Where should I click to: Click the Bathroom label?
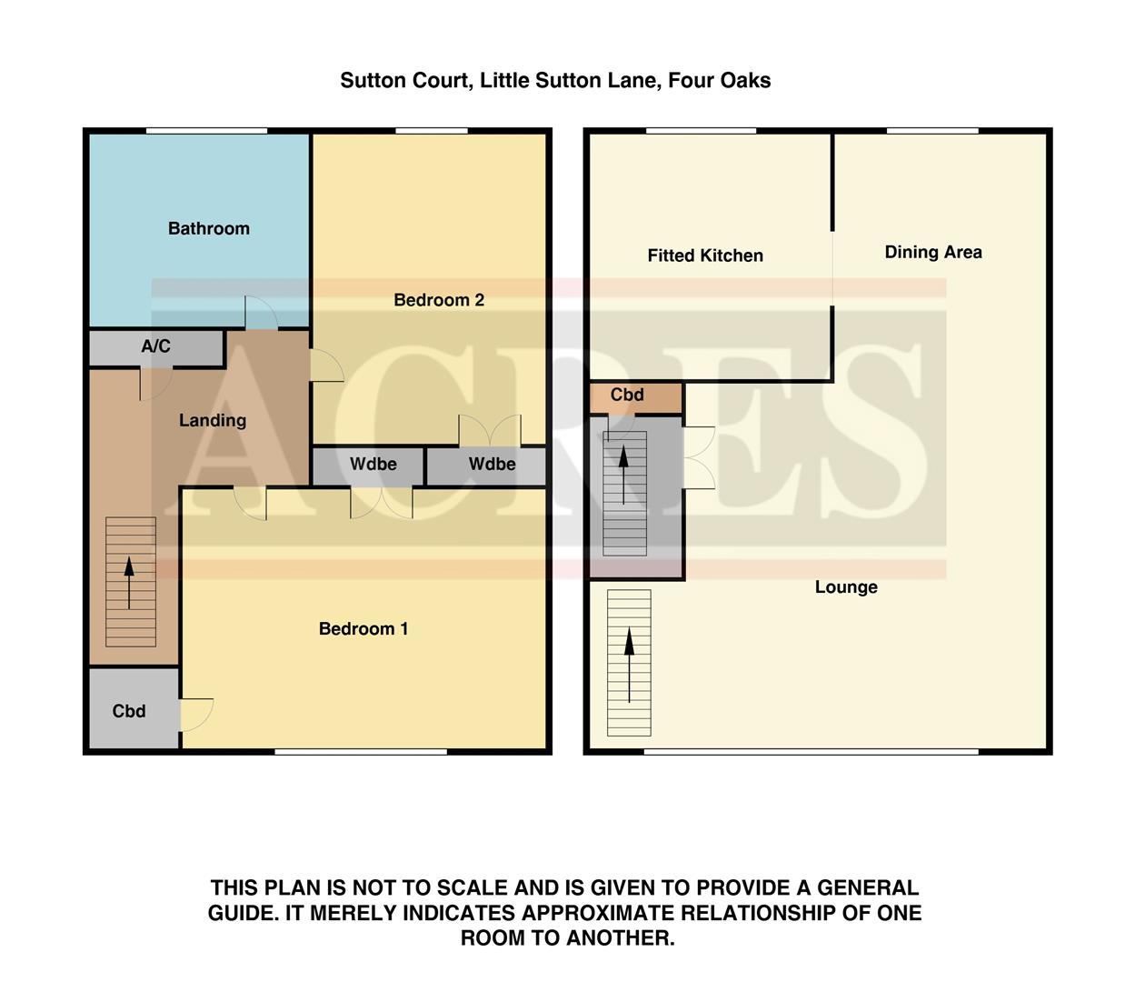[208, 228]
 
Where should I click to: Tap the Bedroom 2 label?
[438, 300]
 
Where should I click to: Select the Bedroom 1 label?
[363, 628]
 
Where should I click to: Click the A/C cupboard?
[155, 346]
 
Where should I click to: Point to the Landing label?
[212, 420]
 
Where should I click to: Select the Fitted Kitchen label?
[704, 256]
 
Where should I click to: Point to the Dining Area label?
[932, 252]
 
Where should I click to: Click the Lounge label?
[845, 586]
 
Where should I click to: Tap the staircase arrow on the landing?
[130, 582]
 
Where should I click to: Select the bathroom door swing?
[261, 313]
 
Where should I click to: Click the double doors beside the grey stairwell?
[699, 457]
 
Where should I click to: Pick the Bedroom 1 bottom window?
[361, 751]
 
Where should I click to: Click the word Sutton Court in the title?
[404, 80]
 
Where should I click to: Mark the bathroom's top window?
[206, 131]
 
